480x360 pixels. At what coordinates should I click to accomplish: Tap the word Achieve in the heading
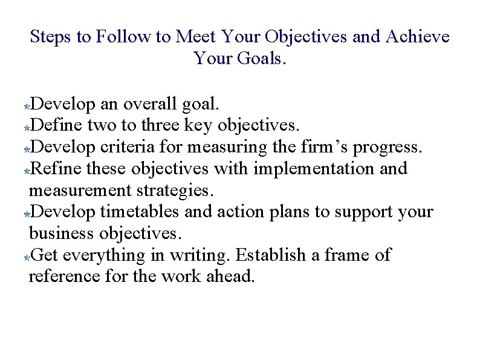(418, 37)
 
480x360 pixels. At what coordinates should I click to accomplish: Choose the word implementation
(314, 169)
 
